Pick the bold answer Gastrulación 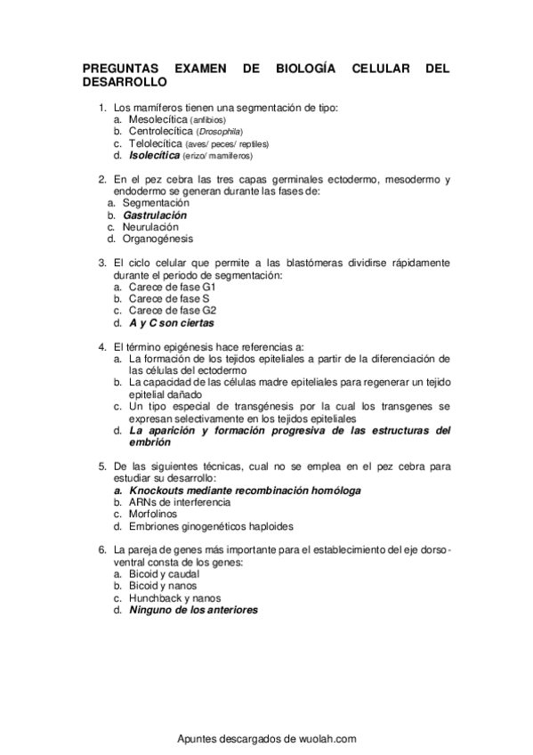click(x=155, y=215)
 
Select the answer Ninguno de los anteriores click(x=194, y=611)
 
